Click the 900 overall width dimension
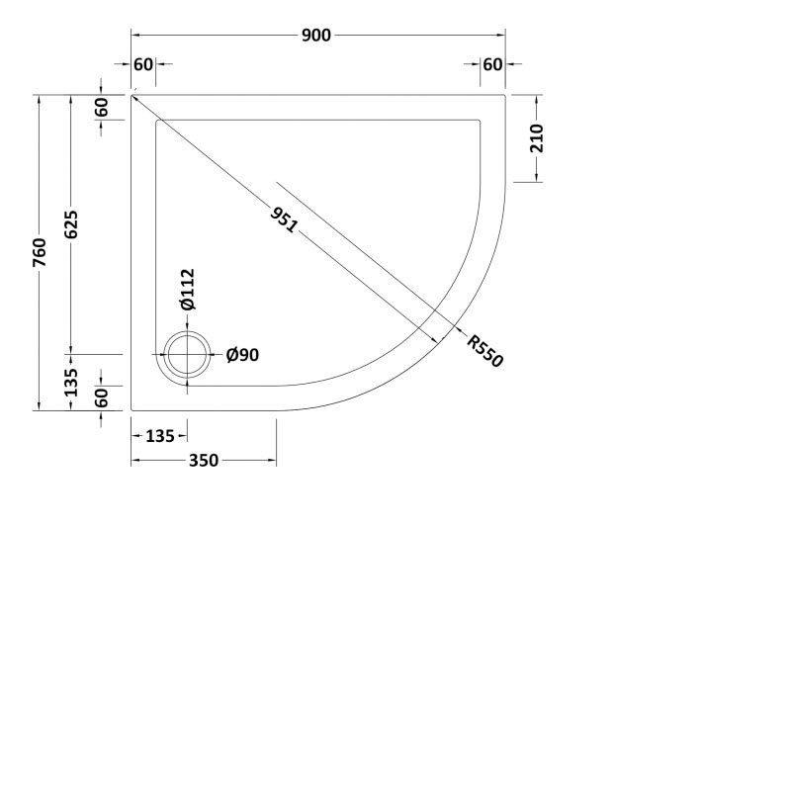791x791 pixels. pyautogui.click(x=316, y=36)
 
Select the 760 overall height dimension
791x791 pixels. pyautogui.click(x=40, y=253)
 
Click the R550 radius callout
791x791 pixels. pyautogui.click(x=485, y=351)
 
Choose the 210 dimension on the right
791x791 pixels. pyautogui.click(x=537, y=139)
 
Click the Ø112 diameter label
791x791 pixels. pyautogui.click(x=188, y=289)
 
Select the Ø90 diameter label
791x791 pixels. pyautogui.click(x=242, y=355)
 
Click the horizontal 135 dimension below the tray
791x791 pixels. pyautogui.click(x=159, y=435)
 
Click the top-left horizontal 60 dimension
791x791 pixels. pyautogui.click(x=142, y=64)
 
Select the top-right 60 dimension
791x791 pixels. pyautogui.click(x=492, y=64)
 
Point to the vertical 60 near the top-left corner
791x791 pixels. pyautogui.click(x=102, y=108)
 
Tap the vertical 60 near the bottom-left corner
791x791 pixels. pyautogui.click(x=102, y=397)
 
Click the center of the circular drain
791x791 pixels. pyautogui.click(x=187, y=355)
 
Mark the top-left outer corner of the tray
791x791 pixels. pyautogui.click(x=132, y=95)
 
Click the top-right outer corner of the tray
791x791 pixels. pyautogui.click(x=505, y=95)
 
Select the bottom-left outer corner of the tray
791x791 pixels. pyautogui.click(x=132, y=409)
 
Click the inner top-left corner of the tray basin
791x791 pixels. pyautogui.click(x=156, y=120)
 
